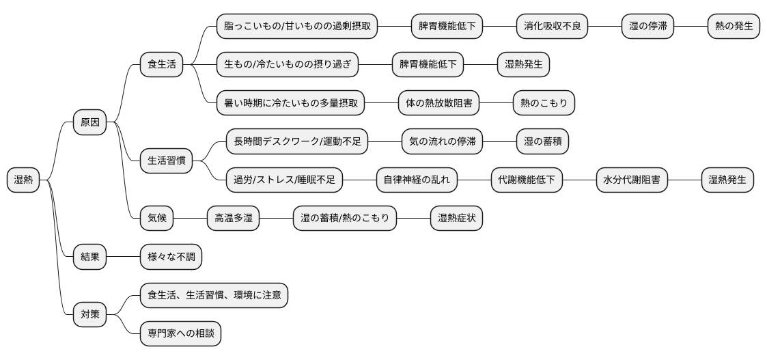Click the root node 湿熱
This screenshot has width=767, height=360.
(x=23, y=180)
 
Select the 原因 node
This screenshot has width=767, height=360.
(x=90, y=123)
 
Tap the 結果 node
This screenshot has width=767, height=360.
(x=90, y=258)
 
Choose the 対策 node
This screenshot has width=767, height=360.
(x=90, y=315)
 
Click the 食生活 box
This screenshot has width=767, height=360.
(x=162, y=65)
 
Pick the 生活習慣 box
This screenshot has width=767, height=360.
(x=167, y=161)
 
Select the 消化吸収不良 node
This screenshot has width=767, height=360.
(x=552, y=27)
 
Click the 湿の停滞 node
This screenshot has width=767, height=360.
(x=648, y=27)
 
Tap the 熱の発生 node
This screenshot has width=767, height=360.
(x=734, y=27)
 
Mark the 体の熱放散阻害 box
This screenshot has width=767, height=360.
(x=439, y=103)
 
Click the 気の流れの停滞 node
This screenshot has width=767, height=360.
(x=442, y=142)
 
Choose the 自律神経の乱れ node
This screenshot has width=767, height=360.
(x=417, y=180)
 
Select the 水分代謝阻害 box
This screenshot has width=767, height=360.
(x=631, y=180)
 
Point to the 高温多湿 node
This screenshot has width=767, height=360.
(x=234, y=219)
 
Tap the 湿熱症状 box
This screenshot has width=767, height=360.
(x=456, y=219)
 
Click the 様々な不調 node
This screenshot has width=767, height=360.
(x=171, y=258)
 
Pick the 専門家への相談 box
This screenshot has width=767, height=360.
(x=180, y=334)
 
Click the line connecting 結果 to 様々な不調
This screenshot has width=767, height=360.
(x=124, y=258)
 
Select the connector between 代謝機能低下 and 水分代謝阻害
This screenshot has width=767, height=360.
(x=579, y=180)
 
